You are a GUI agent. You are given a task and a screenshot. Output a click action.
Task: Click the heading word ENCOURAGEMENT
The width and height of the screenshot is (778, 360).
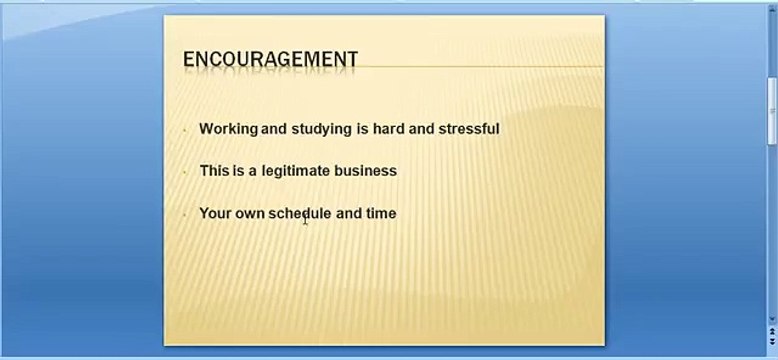pos(270,60)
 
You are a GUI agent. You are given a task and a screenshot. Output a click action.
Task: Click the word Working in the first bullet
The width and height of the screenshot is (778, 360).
pos(228,129)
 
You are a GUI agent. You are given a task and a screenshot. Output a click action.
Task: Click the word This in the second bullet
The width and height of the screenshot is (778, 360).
pos(214,171)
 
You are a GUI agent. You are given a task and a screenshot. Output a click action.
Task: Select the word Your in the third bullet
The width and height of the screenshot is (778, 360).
pos(215,213)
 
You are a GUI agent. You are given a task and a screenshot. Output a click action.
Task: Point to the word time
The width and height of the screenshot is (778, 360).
pos(380,213)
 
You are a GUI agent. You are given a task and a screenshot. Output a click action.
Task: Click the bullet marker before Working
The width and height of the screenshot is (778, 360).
pos(185,130)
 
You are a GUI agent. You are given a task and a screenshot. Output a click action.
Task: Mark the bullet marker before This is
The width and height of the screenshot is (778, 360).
pos(185,172)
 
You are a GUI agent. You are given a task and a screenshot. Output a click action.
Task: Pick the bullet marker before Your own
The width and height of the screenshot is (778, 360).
pos(185,214)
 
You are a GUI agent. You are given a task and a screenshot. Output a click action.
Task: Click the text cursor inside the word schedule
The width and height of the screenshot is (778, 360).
pos(305,219)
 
